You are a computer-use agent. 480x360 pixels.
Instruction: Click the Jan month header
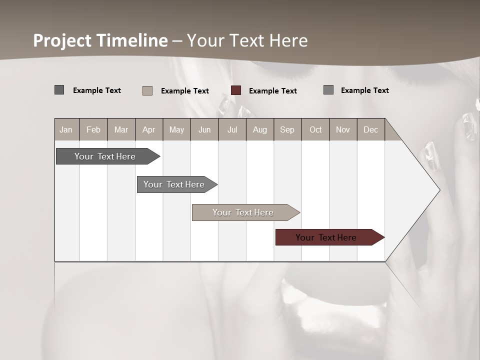[66, 130]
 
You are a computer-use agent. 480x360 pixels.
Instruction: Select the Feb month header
[93, 130]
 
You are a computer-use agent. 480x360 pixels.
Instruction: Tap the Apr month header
[148, 130]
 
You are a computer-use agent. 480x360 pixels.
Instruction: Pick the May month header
[176, 130]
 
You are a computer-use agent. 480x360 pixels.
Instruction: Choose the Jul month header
[232, 130]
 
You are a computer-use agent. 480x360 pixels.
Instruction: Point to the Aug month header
[260, 130]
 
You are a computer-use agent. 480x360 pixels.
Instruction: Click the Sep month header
[287, 130]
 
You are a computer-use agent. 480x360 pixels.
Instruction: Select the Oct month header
[315, 130]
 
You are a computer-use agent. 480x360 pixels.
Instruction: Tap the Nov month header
[343, 130]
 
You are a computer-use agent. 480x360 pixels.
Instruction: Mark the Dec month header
[370, 130]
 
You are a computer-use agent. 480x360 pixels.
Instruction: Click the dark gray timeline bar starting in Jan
[105, 156]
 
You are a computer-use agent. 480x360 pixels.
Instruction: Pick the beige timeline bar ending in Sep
[243, 212]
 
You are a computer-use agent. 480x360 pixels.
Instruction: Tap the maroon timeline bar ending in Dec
[326, 237]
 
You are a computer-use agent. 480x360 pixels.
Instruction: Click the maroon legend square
[236, 90]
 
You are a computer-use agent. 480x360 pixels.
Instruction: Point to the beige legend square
[147, 90]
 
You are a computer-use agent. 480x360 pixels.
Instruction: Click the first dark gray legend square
[59, 90]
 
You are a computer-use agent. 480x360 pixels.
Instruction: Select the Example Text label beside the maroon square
[273, 91]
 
